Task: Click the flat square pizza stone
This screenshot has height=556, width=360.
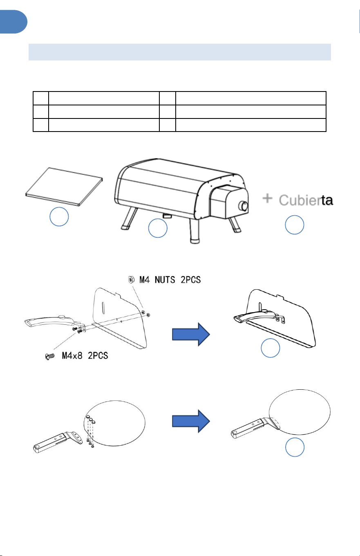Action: pyautogui.click(x=64, y=187)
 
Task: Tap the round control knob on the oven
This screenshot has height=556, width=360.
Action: pyautogui.click(x=243, y=206)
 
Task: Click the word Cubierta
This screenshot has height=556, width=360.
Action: pyautogui.click(x=306, y=200)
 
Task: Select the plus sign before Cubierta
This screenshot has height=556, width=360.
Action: pyautogui.click(x=267, y=198)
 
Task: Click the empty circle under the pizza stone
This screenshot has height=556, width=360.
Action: pyautogui.click(x=59, y=217)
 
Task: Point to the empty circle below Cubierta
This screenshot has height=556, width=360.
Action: pyautogui.click(x=295, y=225)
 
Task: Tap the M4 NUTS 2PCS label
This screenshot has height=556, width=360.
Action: pyautogui.click(x=170, y=280)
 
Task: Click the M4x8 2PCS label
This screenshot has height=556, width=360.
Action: pyautogui.click(x=85, y=356)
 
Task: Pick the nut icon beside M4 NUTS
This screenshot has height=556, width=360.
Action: pyautogui.click(x=131, y=279)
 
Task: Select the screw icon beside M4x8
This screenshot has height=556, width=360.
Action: pyautogui.click(x=50, y=357)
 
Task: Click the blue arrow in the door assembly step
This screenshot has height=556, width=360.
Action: pyautogui.click(x=191, y=334)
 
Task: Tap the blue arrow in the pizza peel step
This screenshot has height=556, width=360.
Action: pyautogui.click(x=191, y=421)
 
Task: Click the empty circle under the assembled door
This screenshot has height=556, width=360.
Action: pyautogui.click(x=271, y=348)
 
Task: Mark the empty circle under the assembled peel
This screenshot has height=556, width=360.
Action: pyautogui.click(x=295, y=447)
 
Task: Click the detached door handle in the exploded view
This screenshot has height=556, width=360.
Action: pyautogui.click(x=54, y=322)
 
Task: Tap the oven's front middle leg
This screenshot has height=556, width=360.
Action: pyautogui.click(x=195, y=231)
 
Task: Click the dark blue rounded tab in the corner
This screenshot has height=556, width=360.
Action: pyautogui.click(x=13, y=22)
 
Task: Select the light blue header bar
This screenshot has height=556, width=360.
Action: pyautogui.click(x=180, y=52)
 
